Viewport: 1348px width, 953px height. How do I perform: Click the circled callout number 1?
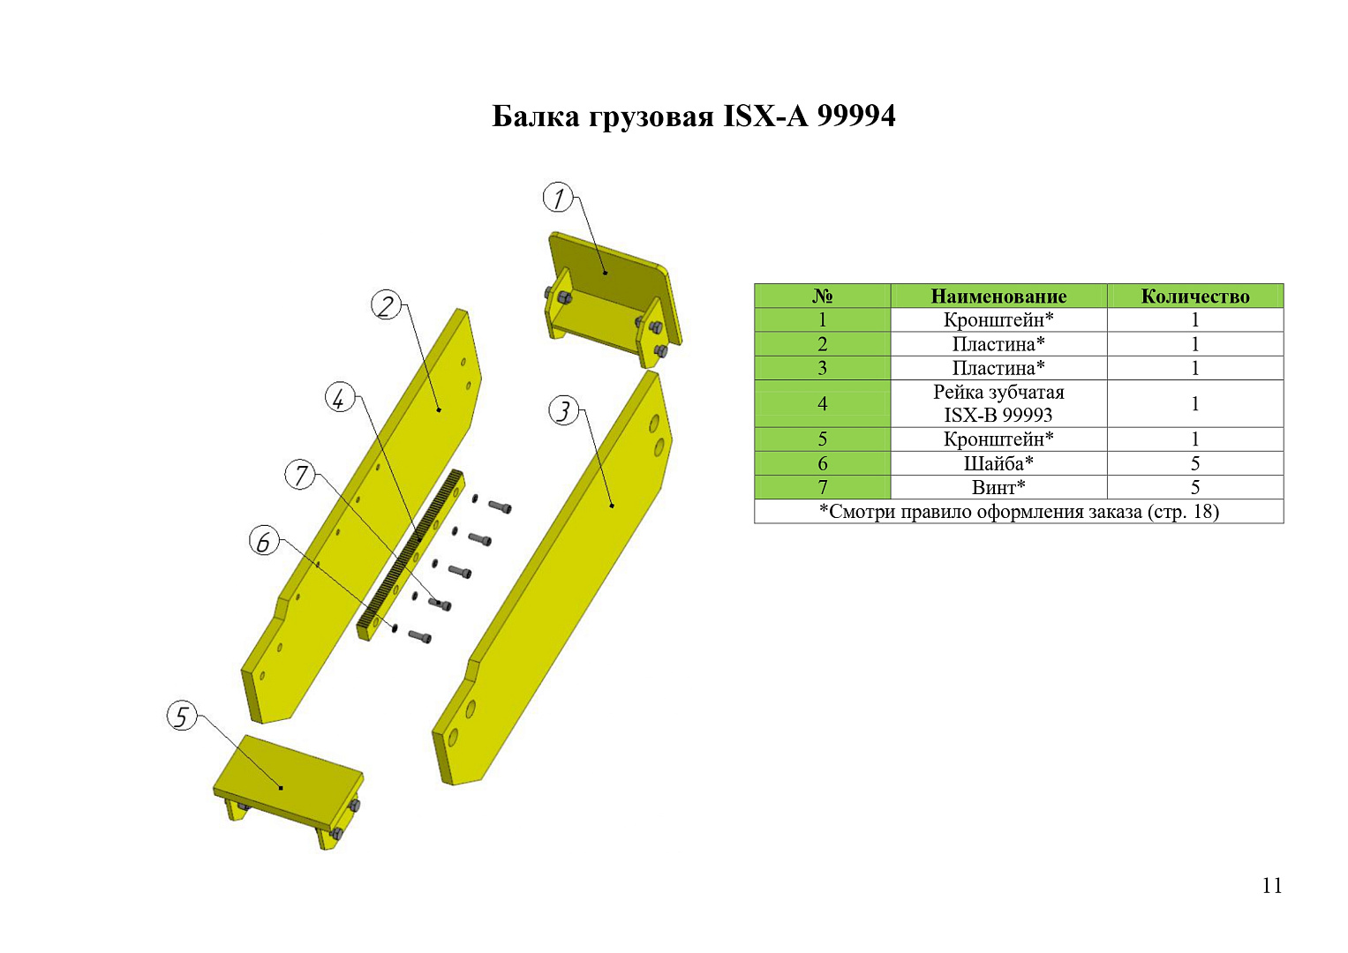click(558, 198)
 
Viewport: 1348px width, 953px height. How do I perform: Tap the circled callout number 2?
click(387, 304)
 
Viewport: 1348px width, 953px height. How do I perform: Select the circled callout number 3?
click(564, 411)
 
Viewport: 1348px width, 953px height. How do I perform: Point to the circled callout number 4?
click(340, 398)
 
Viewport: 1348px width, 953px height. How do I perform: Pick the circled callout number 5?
click(182, 716)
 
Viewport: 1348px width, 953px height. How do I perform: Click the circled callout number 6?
click(264, 541)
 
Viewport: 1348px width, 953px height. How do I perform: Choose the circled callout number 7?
click(299, 475)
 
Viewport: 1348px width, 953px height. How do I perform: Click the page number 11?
click(1271, 886)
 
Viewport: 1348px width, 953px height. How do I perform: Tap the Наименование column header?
click(998, 296)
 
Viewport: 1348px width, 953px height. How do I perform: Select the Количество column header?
click(1195, 296)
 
